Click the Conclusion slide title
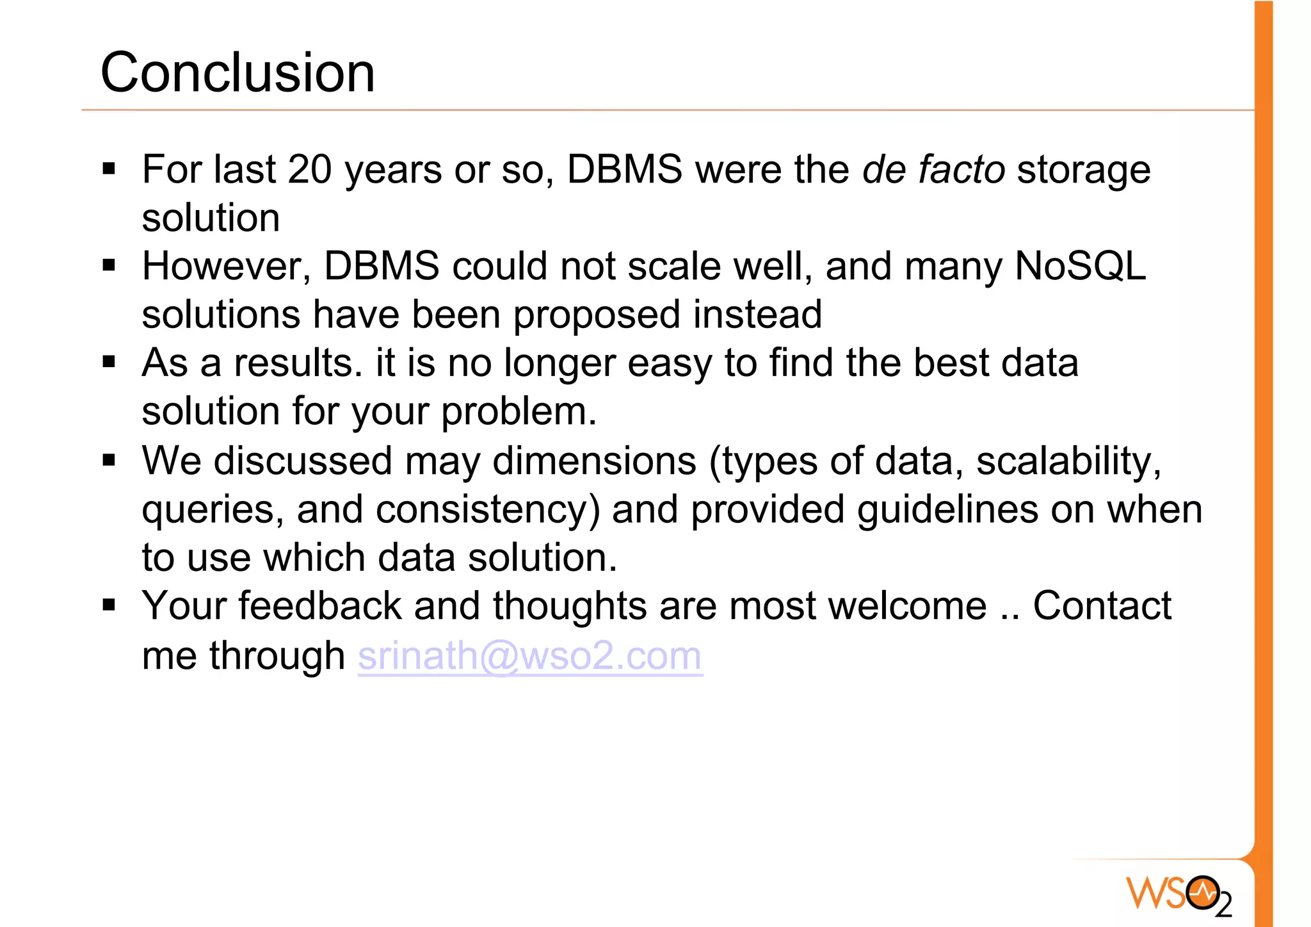(x=237, y=72)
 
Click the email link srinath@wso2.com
(x=530, y=655)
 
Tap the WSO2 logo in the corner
(x=1178, y=894)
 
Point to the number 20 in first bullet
(x=310, y=170)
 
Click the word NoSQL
(x=1081, y=266)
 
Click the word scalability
(x=1068, y=461)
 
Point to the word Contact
(x=1102, y=606)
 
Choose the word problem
(x=519, y=411)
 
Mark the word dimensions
(x=594, y=461)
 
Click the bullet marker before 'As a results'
(x=109, y=362)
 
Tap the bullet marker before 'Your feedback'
(x=109, y=605)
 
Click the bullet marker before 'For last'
(x=109, y=169)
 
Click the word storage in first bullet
(x=1084, y=171)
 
